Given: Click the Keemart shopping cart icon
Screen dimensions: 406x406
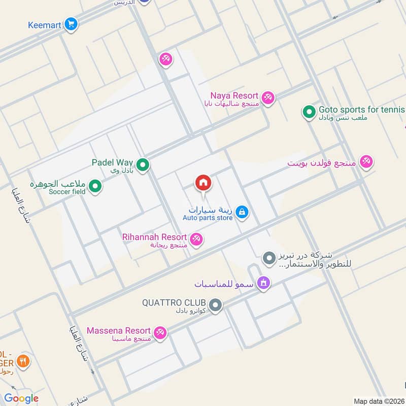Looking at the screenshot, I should click(71, 24).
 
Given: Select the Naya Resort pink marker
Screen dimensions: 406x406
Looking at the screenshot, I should click(268, 97).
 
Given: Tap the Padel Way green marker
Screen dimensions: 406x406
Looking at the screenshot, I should click(143, 165).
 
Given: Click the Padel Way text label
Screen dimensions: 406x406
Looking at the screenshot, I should click(112, 162).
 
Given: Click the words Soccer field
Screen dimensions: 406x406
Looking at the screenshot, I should click(67, 192).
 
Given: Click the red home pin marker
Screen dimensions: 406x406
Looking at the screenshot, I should click(204, 183).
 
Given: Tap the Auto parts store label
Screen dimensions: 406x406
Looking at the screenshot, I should click(208, 218).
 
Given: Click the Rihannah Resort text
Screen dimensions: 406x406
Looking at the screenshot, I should click(154, 237).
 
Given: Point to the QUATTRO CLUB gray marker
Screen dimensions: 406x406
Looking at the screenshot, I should click(216, 305).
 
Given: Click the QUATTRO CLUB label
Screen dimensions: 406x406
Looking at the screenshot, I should click(174, 302).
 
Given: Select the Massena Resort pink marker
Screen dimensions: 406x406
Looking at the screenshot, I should click(160, 332).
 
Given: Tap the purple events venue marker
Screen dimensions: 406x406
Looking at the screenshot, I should click(263, 283).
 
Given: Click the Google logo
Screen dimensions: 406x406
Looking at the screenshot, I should click(21, 398).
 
